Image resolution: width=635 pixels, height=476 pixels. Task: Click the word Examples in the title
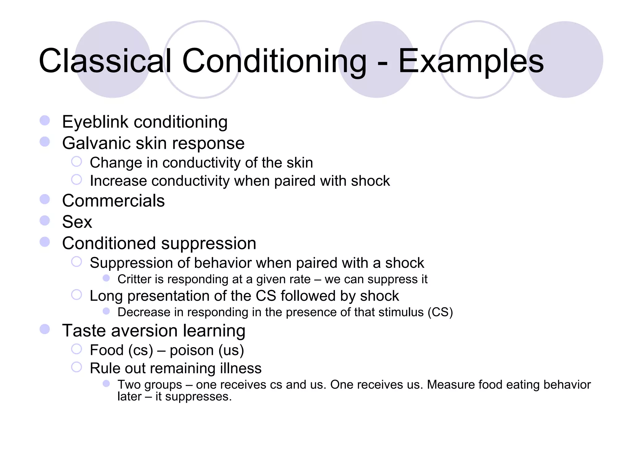coord(471,61)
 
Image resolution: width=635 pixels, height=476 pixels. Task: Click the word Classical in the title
coord(105,61)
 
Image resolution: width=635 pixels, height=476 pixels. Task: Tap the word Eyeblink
coord(95,122)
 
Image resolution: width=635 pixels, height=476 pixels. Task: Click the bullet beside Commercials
coord(45,199)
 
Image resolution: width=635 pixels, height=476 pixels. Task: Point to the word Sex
coord(77,222)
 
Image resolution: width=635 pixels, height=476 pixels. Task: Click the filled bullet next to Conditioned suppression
coord(45,242)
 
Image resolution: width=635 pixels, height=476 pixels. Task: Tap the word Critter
coord(134,279)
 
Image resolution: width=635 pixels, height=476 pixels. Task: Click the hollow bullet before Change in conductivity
coord(76,161)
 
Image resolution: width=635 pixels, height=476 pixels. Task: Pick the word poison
coord(192,350)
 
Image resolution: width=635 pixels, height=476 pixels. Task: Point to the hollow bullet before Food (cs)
coord(76,349)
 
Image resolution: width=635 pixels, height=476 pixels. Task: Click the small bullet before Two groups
coord(106,384)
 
